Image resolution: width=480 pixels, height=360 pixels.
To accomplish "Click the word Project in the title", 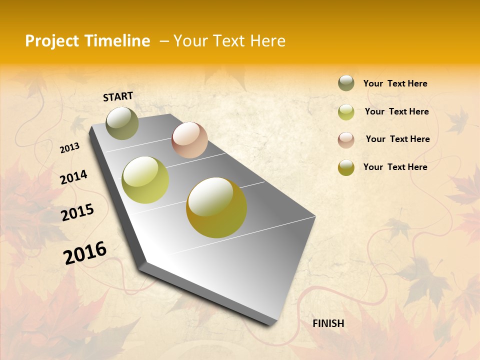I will [52, 41].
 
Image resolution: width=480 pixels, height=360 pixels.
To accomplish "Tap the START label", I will [118, 96].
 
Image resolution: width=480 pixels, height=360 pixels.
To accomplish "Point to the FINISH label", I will [328, 323].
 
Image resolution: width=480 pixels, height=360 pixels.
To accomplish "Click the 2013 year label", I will [70, 147].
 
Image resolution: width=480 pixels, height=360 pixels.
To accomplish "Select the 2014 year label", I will [73, 177].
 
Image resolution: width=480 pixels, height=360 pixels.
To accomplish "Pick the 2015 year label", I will [77, 212].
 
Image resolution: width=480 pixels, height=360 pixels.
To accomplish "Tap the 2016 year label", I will [85, 252].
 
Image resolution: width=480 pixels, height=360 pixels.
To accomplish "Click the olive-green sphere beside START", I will [122, 123].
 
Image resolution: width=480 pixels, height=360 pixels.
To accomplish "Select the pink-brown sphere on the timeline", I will [189, 140].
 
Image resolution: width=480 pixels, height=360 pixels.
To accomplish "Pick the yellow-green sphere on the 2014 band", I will [145, 180].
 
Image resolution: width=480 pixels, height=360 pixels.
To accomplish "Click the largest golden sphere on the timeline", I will [216, 207].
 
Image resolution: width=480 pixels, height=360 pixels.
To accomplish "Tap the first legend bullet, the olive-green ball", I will [346, 83].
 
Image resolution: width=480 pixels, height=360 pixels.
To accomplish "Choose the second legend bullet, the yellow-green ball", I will [346, 111].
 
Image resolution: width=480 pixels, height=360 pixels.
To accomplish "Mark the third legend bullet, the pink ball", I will [346, 139].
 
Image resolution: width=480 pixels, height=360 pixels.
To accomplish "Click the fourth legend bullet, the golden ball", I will [346, 167].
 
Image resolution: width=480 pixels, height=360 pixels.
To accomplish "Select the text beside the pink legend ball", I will [397, 139].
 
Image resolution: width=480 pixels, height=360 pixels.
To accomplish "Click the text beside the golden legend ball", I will [395, 167].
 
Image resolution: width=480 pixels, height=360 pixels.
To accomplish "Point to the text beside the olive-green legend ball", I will [395, 83].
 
